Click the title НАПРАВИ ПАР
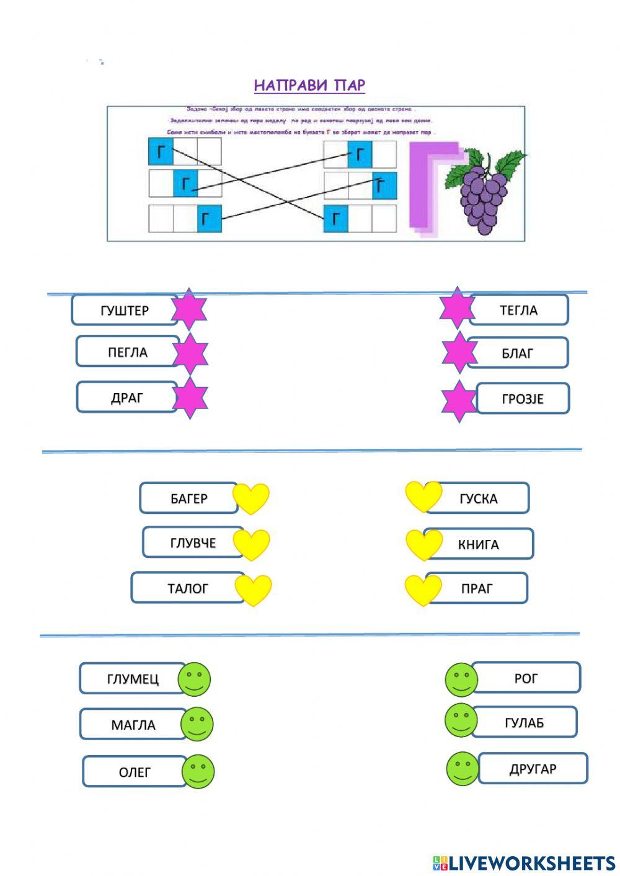tap(309, 86)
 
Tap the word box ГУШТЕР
tap(125, 310)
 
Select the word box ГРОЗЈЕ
tap(522, 399)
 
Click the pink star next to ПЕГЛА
tap(190, 353)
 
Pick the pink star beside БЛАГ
tap(459, 352)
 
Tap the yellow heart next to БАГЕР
tap(251, 497)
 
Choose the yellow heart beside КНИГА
tap(423, 544)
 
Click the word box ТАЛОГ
tap(187, 588)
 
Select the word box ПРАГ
tap(476, 588)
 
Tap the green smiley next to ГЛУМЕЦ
tap(194, 678)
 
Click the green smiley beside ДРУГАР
tap(463, 769)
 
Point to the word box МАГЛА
tap(133, 724)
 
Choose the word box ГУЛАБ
tap(524, 722)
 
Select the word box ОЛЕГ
tap(135, 772)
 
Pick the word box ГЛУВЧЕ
tap(193, 543)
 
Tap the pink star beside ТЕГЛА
tap(457, 308)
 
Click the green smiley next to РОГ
tap(461, 679)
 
